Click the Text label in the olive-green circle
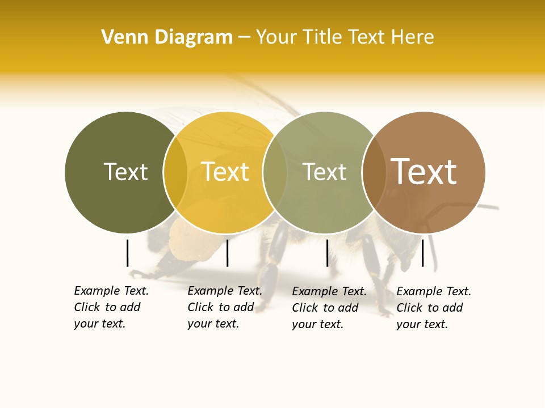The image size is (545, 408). tap(125, 172)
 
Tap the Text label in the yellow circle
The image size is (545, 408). tap(225, 172)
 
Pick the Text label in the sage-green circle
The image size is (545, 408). tap(324, 172)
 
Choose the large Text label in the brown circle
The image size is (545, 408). tap(424, 172)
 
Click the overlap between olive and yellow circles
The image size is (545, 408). tap(175, 172)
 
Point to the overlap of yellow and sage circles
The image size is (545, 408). tap(275, 172)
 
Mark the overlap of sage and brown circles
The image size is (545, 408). tap(374, 172)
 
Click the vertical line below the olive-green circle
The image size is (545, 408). tap(127, 253)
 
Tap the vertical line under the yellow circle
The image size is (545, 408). tap(227, 253)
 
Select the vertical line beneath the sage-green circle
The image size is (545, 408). tap(327, 253)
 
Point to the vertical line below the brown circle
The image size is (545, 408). tap(422, 253)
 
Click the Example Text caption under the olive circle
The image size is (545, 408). tap(111, 307)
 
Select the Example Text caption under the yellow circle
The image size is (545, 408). tap(225, 307)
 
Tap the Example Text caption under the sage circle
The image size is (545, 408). tap(329, 308)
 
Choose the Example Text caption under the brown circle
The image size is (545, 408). tap(434, 308)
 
